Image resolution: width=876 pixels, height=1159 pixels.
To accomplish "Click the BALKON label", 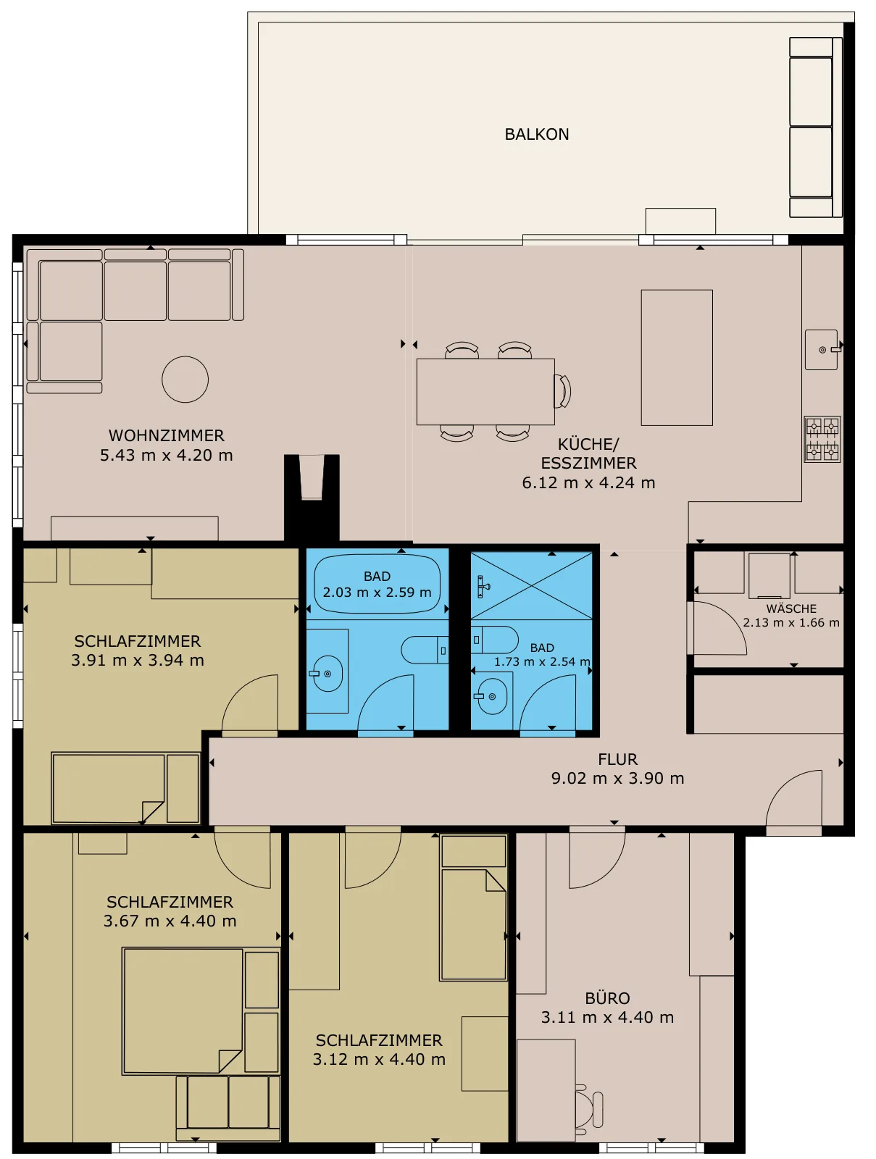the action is click(x=536, y=134).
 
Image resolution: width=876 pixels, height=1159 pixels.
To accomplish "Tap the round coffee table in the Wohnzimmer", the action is click(x=185, y=379).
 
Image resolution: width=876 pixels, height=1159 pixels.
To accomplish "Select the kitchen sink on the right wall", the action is click(x=822, y=350).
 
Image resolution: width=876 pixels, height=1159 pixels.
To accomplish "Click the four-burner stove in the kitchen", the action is click(x=822, y=439).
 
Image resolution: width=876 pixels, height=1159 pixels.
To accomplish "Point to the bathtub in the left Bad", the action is click(x=377, y=583).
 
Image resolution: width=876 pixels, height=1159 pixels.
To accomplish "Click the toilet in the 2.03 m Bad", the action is click(x=425, y=650).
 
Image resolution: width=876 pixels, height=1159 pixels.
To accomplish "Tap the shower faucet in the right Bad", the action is click(x=483, y=587).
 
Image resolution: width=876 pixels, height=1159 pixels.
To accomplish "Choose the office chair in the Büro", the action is click(x=589, y=1109).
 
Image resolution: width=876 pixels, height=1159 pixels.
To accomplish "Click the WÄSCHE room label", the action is click(x=791, y=608).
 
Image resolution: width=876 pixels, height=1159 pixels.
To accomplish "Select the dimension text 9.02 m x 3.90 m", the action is click(x=617, y=778).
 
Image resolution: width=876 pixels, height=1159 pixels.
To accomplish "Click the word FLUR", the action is click(x=618, y=759).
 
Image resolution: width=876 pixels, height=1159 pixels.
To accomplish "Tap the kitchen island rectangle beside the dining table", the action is click(x=677, y=357).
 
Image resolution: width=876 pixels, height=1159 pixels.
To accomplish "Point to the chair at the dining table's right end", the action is click(x=562, y=391).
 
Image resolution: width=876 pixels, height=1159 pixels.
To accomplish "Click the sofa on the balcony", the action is click(x=815, y=127).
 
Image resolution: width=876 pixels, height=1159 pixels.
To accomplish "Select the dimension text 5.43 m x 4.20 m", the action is click(x=167, y=455).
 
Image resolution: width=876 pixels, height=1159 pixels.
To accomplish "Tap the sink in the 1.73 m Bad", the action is click(x=492, y=696).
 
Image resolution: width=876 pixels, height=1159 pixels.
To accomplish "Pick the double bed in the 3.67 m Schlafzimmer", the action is click(x=182, y=1011).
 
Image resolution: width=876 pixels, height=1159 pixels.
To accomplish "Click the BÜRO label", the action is click(x=607, y=998).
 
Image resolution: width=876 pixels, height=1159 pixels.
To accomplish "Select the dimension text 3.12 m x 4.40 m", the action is click(x=379, y=1059).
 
